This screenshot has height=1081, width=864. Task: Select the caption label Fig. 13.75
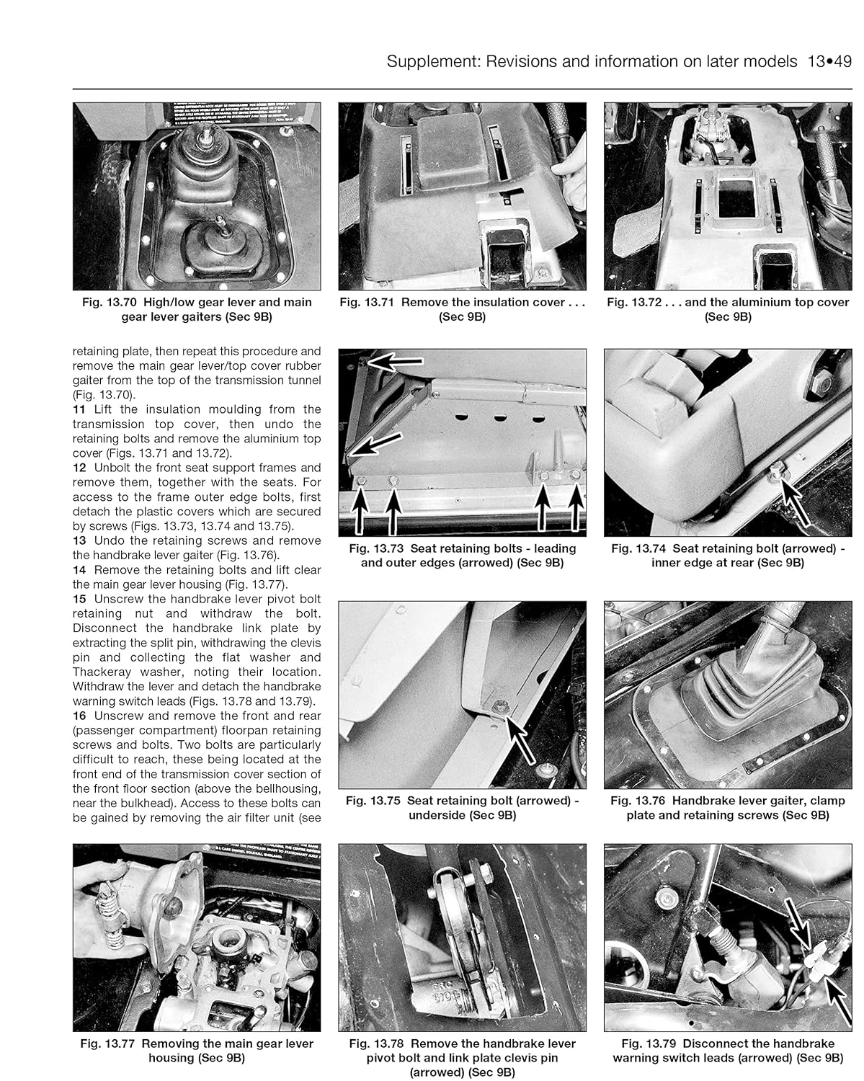[373, 800]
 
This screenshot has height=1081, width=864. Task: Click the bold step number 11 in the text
[79, 409]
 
